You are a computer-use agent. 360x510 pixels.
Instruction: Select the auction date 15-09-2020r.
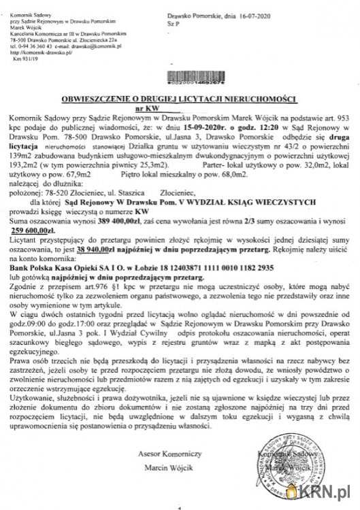point(201,126)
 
